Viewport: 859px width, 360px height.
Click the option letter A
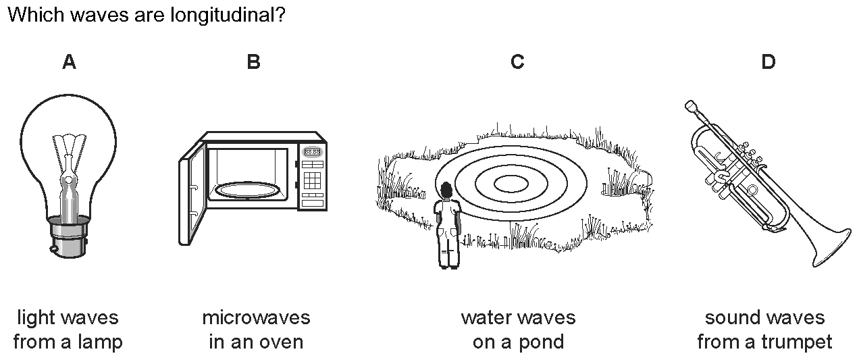(69, 62)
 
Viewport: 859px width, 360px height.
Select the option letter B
(253, 62)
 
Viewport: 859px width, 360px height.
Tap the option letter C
(517, 62)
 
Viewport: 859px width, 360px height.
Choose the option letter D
(769, 62)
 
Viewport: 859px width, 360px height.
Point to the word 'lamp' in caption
(99, 342)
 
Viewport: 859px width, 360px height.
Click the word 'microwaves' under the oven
(256, 317)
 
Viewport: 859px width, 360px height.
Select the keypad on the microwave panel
(312, 180)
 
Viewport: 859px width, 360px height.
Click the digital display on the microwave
(312, 152)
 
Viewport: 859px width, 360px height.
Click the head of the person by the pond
(446, 190)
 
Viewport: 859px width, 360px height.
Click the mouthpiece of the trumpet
(689, 105)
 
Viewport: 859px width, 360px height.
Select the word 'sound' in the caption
(733, 317)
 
